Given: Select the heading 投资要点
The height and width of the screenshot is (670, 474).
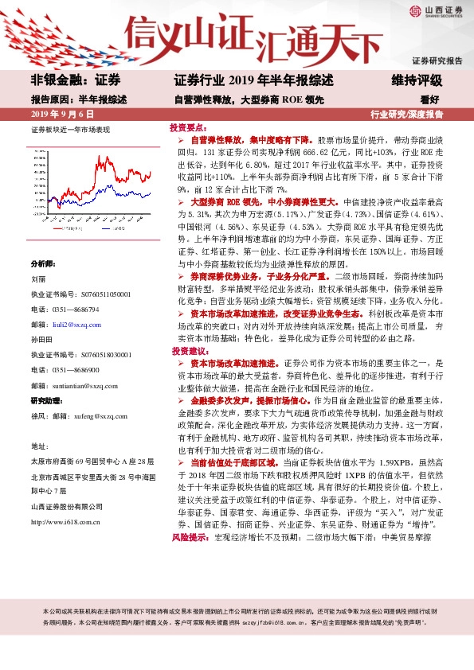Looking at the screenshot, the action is click(189, 127).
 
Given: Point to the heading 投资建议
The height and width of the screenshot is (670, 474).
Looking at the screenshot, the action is click(189, 350).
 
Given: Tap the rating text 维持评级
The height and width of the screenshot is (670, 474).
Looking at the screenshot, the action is click(417, 81).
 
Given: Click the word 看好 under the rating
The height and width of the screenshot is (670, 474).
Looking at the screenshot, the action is click(430, 100).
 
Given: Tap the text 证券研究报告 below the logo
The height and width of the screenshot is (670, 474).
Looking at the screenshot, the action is click(437, 60).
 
